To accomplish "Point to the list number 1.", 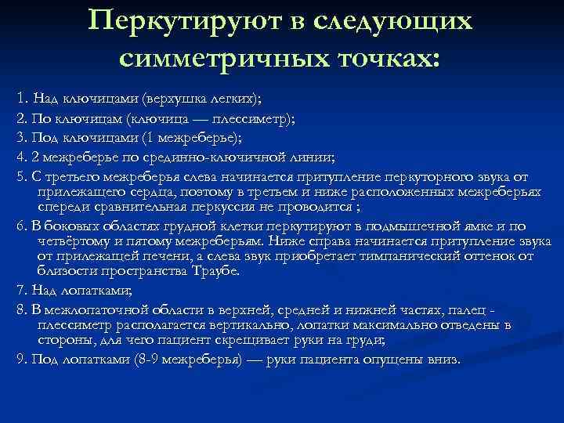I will click(x=20, y=99).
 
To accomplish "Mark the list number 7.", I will click(x=20, y=289).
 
